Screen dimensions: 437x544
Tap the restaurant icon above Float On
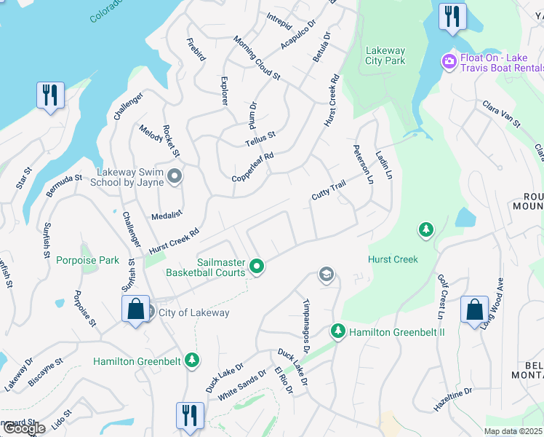[452, 16]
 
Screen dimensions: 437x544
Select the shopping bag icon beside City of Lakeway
[135, 309]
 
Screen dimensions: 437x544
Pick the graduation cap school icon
[327, 275]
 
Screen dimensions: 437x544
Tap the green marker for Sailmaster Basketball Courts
[256, 267]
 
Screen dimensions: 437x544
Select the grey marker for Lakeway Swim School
[175, 176]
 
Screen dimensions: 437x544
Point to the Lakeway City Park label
[385, 55]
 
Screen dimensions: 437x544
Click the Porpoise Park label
[88, 260]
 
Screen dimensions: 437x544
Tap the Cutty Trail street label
[328, 191]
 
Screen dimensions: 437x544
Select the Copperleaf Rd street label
[252, 167]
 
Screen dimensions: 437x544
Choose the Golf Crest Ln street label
[441, 296]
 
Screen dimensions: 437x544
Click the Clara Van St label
[502, 114]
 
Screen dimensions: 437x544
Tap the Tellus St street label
[260, 138]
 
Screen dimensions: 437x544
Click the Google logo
[23, 428]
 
